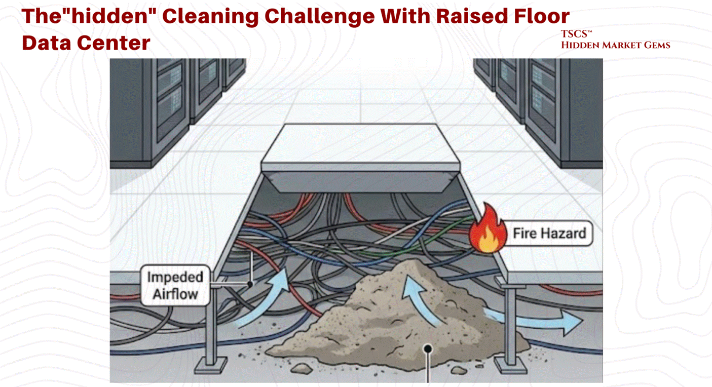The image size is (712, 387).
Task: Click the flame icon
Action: click(487, 231)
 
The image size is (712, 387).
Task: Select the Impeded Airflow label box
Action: click(175, 285)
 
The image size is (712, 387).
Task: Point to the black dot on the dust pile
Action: click(428, 349)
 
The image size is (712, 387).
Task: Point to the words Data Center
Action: click(86, 43)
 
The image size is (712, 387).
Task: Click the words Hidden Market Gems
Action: click(615, 45)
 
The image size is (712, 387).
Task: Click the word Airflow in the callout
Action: click(175, 293)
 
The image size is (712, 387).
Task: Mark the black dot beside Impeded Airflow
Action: click(250, 285)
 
